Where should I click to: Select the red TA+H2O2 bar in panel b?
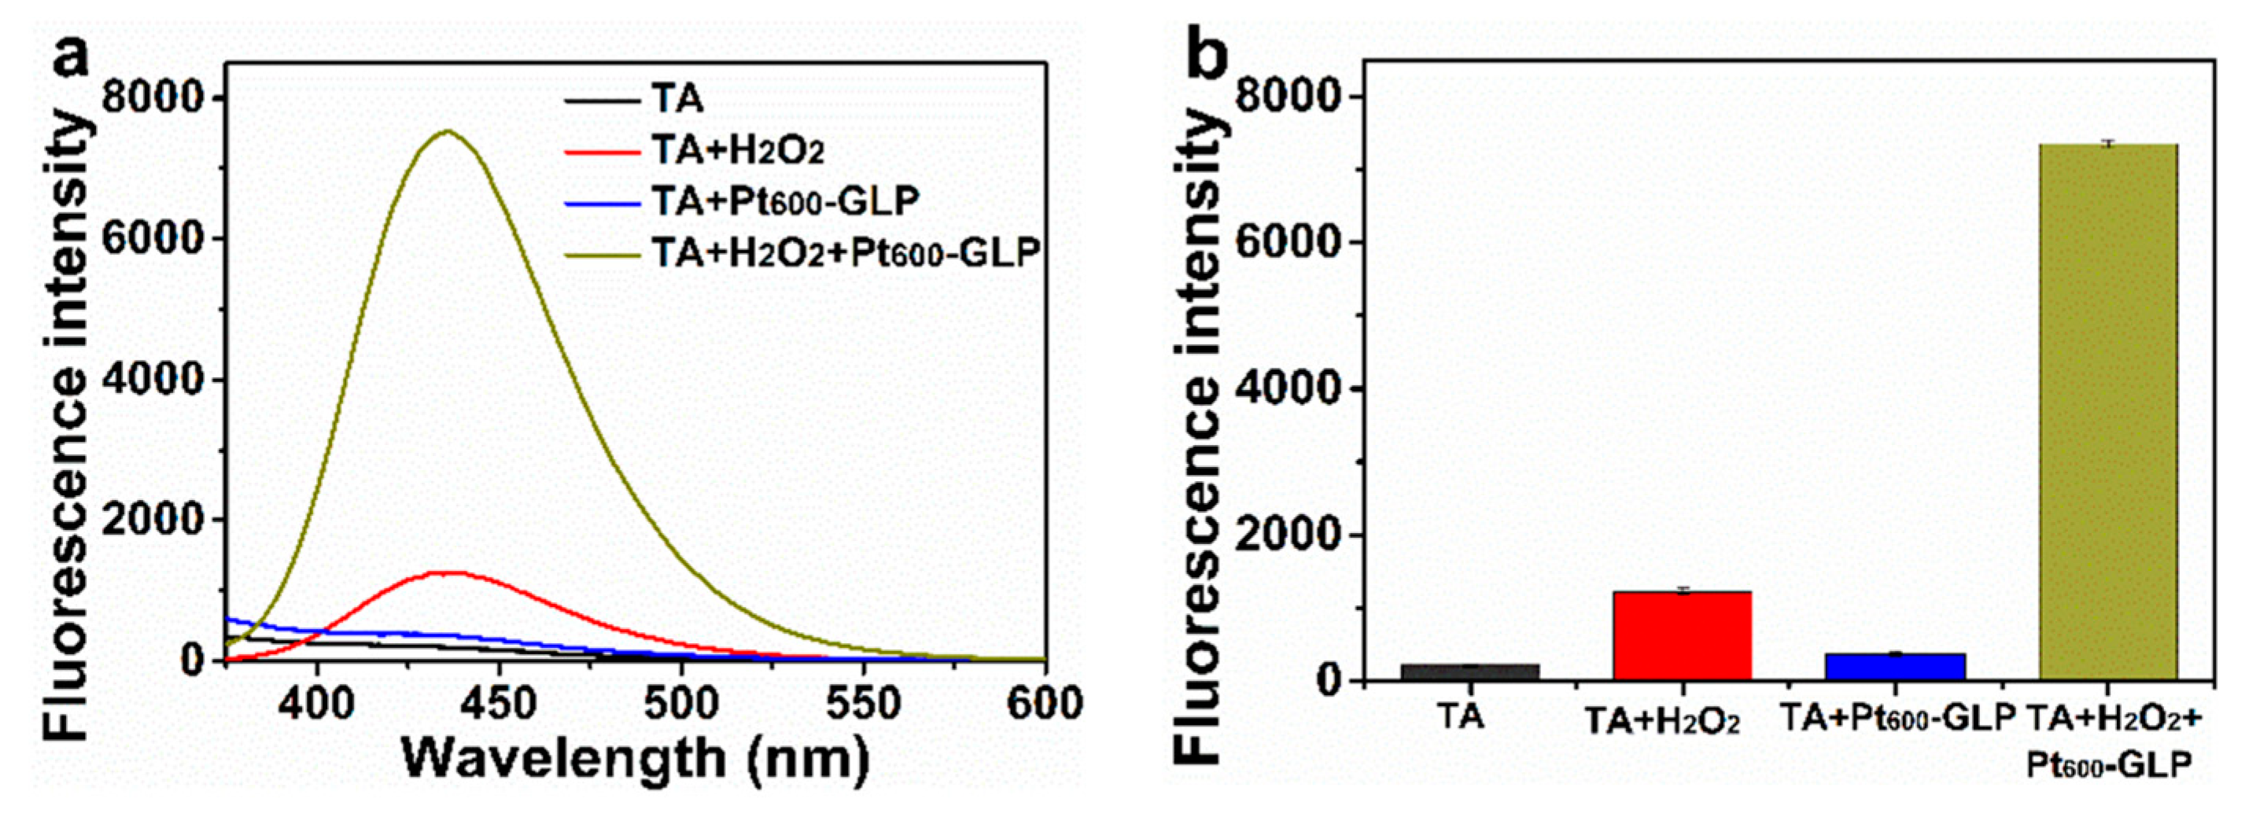point(1682,636)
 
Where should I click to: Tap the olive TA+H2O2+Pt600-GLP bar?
point(2108,412)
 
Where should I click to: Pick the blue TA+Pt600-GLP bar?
point(1895,667)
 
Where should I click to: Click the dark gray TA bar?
point(1469,671)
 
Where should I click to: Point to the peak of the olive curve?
point(448,132)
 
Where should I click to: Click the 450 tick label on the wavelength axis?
point(498,704)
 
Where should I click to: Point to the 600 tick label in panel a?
point(1044,704)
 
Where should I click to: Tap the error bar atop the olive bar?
point(2108,142)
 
